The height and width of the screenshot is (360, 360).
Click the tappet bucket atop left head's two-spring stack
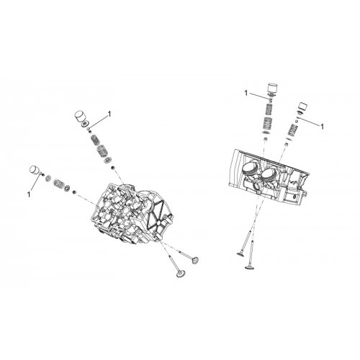click(81, 117)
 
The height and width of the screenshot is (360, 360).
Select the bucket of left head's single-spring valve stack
click(35, 170)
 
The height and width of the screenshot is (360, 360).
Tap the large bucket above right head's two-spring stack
click(274, 89)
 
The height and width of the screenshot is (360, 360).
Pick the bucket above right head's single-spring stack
click(303, 107)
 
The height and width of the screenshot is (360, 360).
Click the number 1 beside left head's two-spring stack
click(109, 114)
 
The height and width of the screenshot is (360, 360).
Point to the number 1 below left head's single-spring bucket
click(29, 194)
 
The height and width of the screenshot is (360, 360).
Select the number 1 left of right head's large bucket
click(246, 93)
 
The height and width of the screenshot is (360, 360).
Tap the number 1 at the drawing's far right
click(323, 126)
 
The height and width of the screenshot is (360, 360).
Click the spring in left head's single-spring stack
click(58, 184)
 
